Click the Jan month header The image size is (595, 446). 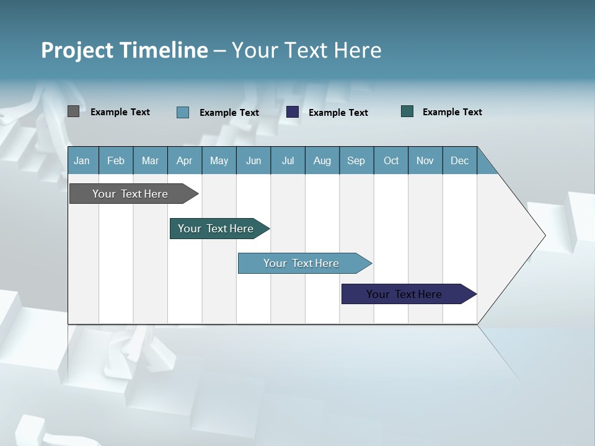[82, 160]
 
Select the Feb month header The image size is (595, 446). [116, 160]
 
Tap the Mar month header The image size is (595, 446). [150, 160]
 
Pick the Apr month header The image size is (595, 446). [185, 160]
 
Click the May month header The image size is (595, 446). [219, 160]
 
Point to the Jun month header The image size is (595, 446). [253, 160]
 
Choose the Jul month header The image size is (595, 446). [288, 160]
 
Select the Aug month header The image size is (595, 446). [322, 160]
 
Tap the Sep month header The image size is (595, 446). [356, 160]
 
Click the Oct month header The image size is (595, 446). [391, 160]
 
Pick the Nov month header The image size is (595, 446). [425, 160]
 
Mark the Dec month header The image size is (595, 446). [460, 160]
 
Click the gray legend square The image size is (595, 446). [73, 111]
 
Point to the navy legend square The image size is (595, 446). [293, 111]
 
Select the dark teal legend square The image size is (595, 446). [407, 111]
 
